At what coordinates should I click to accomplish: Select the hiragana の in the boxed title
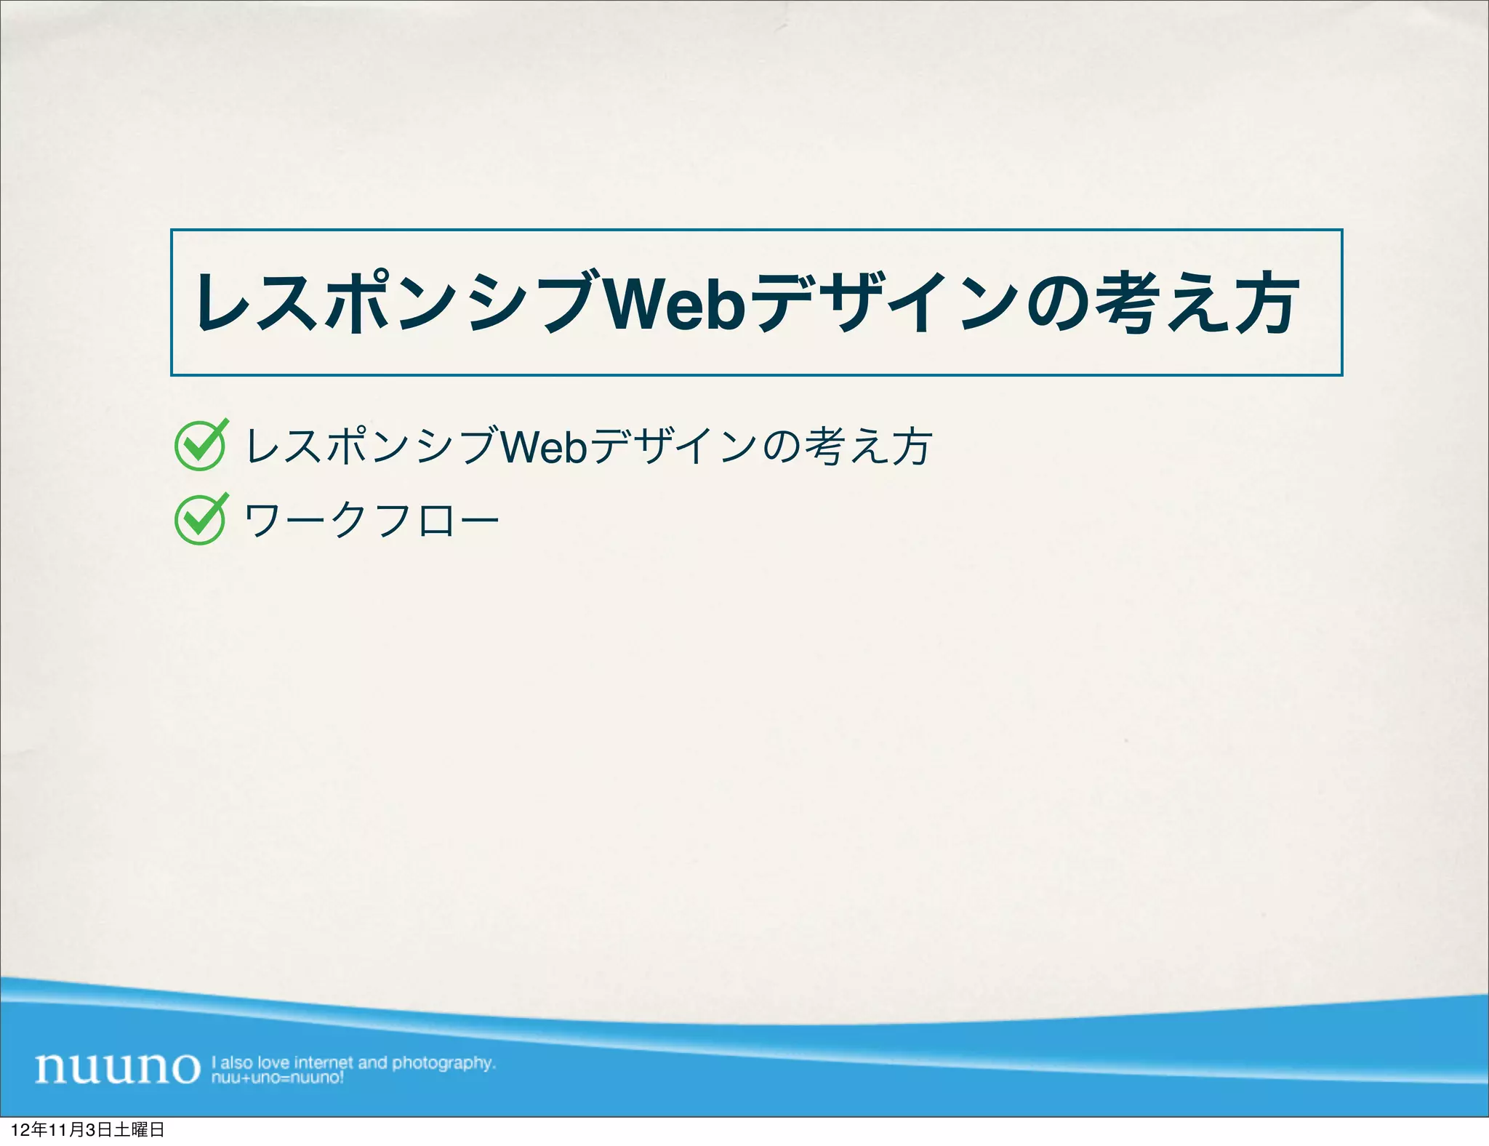pyautogui.click(x=1056, y=304)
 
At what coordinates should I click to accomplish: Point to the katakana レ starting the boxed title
pyautogui.click(x=221, y=304)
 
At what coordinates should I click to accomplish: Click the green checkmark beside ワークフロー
pyautogui.click(x=201, y=519)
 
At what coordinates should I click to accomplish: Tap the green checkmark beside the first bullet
pyautogui.click(x=201, y=445)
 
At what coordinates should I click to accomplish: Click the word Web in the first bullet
pyautogui.click(x=543, y=446)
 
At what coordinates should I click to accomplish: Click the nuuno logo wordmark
pyautogui.click(x=117, y=1067)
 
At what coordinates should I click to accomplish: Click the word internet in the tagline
pyautogui.click(x=324, y=1062)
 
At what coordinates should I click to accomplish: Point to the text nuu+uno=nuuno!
pyautogui.click(x=277, y=1078)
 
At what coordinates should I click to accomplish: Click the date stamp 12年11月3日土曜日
pyautogui.click(x=87, y=1130)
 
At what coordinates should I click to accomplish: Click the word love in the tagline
pyautogui.click(x=273, y=1062)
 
